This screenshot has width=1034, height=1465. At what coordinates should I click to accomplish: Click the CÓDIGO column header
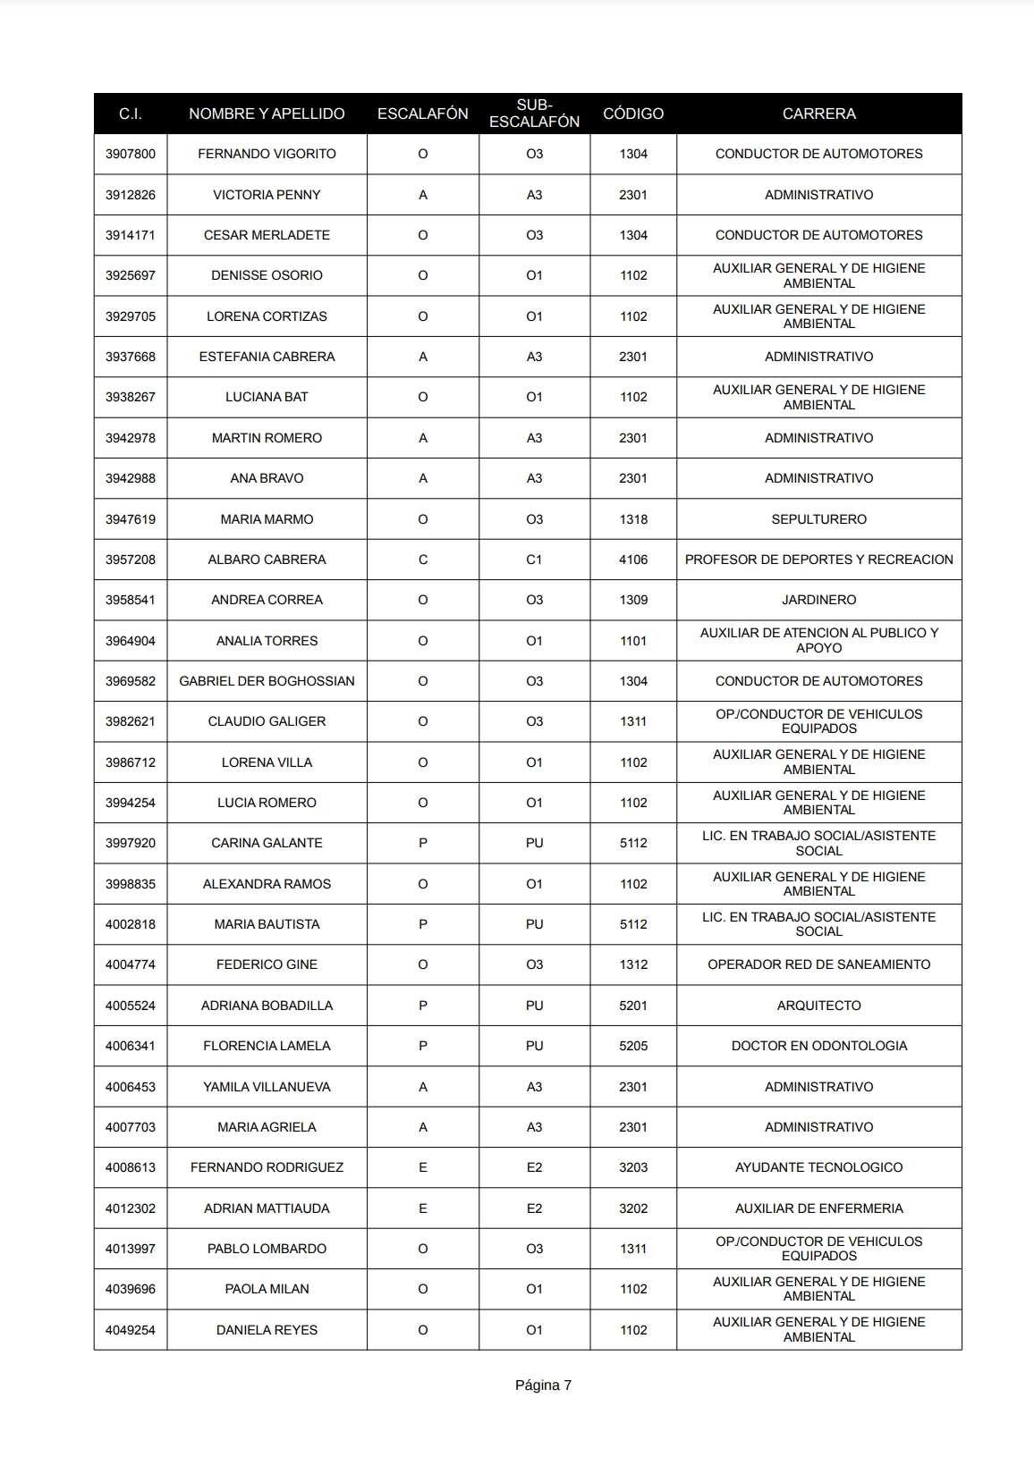(633, 114)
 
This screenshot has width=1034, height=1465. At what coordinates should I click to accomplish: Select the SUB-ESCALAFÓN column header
(534, 114)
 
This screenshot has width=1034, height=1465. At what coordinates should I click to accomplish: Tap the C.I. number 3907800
(131, 154)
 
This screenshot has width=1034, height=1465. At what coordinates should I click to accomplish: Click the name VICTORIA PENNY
(267, 195)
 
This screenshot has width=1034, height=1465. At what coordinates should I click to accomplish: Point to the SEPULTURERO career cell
(818, 519)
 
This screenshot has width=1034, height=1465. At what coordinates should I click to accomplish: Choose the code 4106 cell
(633, 560)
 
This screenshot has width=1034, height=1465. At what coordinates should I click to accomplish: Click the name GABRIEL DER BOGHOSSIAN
(267, 681)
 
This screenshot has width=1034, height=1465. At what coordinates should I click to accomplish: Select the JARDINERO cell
(818, 600)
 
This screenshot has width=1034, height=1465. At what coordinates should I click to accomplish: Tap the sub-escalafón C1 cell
(534, 560)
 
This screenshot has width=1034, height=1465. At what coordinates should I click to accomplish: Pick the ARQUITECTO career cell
(818, 1006)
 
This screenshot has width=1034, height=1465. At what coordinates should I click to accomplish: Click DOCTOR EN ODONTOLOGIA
(818, 1046)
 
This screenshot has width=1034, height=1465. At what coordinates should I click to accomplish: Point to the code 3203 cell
(633, 1167)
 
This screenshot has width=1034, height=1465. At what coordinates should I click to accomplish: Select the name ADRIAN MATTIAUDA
(267, 1208)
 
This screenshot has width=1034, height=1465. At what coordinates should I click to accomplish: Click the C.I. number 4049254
(131, 1330)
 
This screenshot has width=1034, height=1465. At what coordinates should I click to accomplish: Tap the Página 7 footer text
(543, 1385)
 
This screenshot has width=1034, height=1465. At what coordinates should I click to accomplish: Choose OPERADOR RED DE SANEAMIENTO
(818, 964)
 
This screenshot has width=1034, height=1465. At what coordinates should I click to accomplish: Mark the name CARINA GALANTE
(267, 843)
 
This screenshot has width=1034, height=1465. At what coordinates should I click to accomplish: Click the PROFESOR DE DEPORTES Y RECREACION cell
(818, 560)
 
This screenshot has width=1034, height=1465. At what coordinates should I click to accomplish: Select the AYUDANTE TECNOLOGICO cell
(818, 1167)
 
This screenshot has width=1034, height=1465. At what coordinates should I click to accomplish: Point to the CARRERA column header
(818, 114)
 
